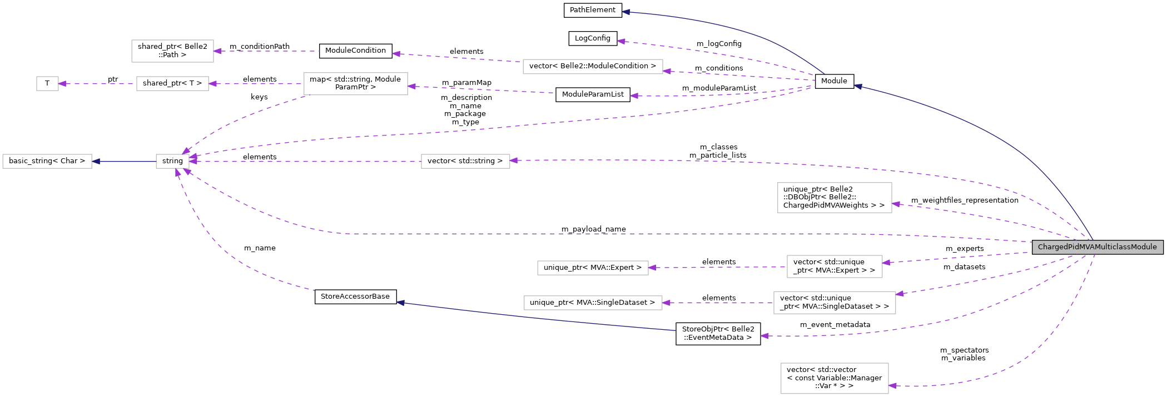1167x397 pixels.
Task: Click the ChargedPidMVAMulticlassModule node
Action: [x=1097, y=247]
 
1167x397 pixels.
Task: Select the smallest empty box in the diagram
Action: [x=47, y=84]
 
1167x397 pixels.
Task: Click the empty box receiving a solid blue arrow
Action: [x=47, y=162]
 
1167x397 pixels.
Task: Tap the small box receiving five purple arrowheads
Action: [x=172, y=162]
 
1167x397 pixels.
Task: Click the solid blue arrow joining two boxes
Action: [x=124, y=162]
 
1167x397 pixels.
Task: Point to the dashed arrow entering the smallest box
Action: [x=97, y=84]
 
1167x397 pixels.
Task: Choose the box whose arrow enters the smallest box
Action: [x=172, y=84]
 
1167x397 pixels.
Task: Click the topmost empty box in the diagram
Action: [x=172, y=51]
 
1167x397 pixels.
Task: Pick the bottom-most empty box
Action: [x=835, y=378]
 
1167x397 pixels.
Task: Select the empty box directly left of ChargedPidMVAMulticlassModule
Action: [x=835, y=267]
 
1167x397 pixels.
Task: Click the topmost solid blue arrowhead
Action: [x=626, y=12]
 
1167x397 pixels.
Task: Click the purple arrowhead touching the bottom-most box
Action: [x=893, y=386]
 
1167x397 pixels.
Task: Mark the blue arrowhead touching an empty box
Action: [x=96, y=162]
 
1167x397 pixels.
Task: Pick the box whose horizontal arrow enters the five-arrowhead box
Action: [x=465, y=162]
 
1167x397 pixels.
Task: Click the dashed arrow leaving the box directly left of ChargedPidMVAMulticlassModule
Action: [x=717, y=267]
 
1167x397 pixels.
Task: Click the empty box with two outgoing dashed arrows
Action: [x=355, y=84]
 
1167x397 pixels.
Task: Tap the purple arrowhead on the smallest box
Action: [x=62, y=84]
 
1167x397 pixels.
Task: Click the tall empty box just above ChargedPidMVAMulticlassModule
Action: [x=835, y=198]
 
